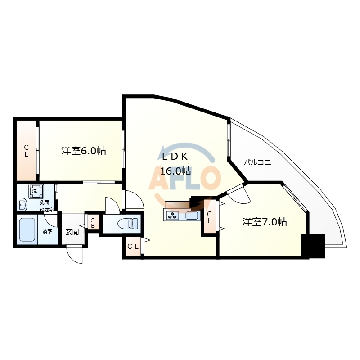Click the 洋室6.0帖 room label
pos(84,151)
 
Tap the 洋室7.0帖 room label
pos(265,222)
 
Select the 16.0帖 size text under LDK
pos(176,171)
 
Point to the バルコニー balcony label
pos(261,162)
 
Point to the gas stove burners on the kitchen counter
pos(173,216)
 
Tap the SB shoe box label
pos(93,223)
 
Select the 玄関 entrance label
pos(72,232)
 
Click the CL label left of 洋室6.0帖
pos(26,151)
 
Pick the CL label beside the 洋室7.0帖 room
pos(209,218)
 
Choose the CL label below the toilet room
pos(132,246)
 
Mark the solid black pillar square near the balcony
pos(313,246)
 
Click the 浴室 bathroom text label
pos(47,232)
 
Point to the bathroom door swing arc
pos(51,220)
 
